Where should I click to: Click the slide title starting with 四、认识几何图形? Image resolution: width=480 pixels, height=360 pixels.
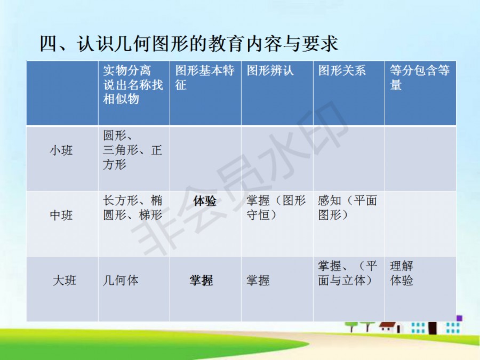189,44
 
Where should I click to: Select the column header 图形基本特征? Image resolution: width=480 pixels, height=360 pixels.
205,77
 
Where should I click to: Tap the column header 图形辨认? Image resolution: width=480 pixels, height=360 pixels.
270,70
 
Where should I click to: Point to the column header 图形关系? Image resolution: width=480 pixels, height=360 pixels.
342,70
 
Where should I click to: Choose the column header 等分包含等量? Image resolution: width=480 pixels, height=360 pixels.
420,77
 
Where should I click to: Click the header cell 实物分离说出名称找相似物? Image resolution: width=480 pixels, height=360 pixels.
133,84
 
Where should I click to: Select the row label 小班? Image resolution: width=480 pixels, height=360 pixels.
61,150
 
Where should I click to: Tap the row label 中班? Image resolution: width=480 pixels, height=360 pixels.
61,215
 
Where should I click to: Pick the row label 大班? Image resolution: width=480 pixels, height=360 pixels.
65,281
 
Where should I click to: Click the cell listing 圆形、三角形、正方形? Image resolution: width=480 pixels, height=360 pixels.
132,150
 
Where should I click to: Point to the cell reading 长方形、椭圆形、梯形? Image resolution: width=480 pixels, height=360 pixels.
132,207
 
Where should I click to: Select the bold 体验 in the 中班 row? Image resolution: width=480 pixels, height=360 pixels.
205,201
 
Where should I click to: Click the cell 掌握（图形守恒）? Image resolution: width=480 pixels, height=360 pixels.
276,207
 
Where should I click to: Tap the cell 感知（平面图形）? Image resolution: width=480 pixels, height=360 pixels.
347,207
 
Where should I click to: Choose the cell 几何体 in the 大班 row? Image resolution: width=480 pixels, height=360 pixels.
121,281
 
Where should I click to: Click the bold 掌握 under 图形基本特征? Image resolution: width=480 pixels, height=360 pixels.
201,281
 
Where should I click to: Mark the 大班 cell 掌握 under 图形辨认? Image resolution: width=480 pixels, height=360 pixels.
258,281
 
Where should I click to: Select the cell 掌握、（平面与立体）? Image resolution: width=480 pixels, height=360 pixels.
347,273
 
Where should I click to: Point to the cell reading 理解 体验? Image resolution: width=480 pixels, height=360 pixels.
401,273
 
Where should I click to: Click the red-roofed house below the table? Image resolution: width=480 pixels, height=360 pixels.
390,327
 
